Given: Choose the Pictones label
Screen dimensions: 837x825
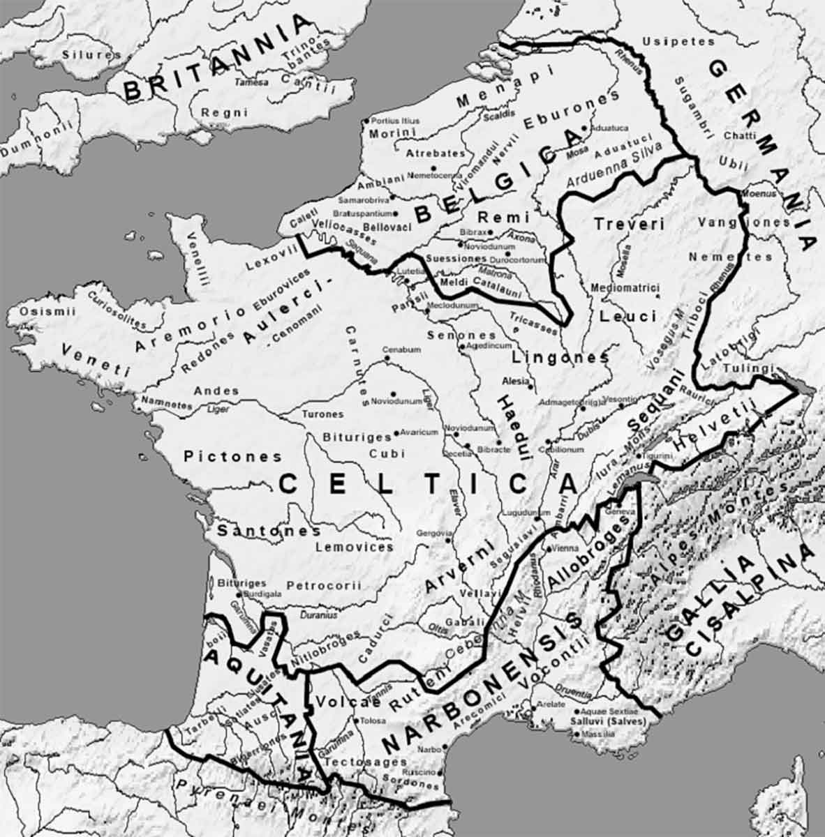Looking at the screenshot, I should click(x=233, y=457).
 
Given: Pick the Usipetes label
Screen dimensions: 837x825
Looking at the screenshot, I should click(x=678, y=41).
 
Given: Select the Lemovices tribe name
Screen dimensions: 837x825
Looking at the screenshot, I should click(x=354, y=548).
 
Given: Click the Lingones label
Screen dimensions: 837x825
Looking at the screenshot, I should click(x=560, y=358).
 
